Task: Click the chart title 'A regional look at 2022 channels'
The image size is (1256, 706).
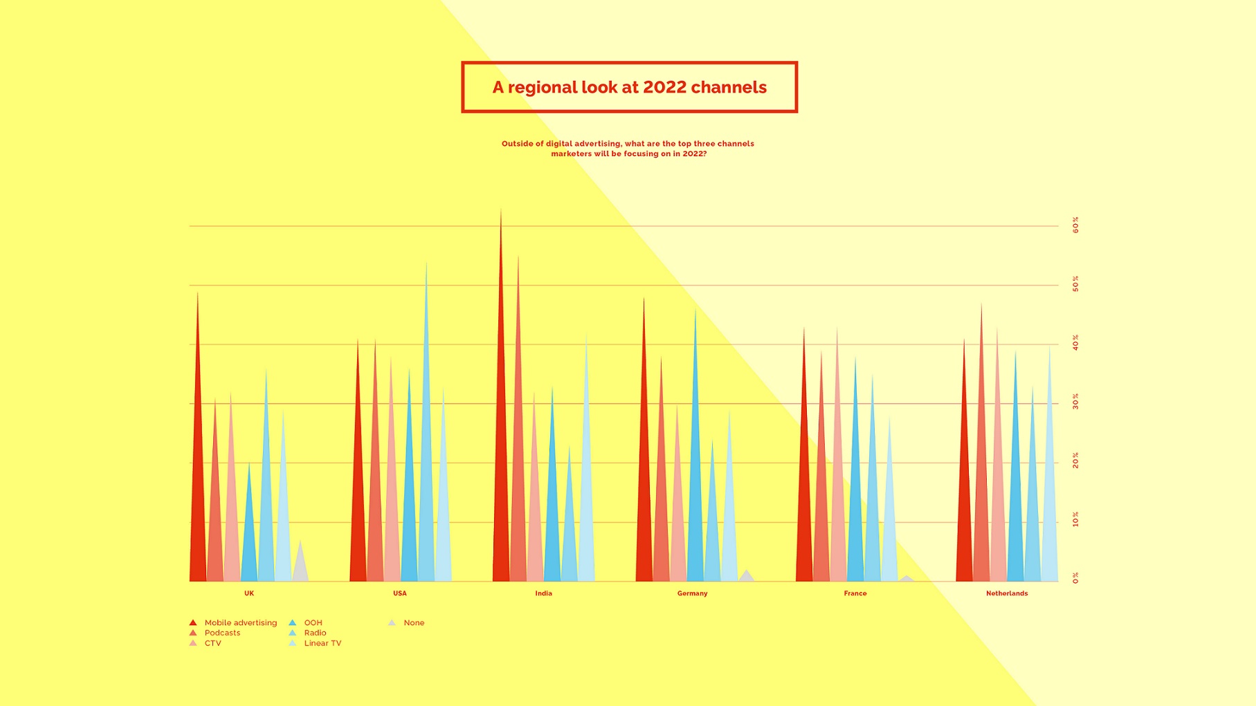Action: [x=629, y=87]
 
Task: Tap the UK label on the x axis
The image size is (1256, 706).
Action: [x=249, y=593]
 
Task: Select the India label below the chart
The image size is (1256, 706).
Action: [x=543, y=593]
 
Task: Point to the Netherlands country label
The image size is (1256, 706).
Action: [x=1006, y=593]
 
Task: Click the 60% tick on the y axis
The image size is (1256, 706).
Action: [x=1075, y=225]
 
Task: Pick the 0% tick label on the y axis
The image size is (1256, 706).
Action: [x=1075, y=578]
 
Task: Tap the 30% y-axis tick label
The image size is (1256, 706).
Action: [x=1075, y=402]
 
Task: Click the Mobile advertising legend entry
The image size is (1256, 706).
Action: [x=240, y=623]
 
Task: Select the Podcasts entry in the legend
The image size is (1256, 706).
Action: [x=222, y=633]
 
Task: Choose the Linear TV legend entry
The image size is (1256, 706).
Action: [x=322, y=643]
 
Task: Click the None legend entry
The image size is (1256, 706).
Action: [x=413, y=623]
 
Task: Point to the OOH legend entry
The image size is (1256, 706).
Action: [x=313, y=623]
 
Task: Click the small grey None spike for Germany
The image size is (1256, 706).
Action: [x=746, y=577]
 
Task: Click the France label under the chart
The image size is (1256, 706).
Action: [x=855, y=593]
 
